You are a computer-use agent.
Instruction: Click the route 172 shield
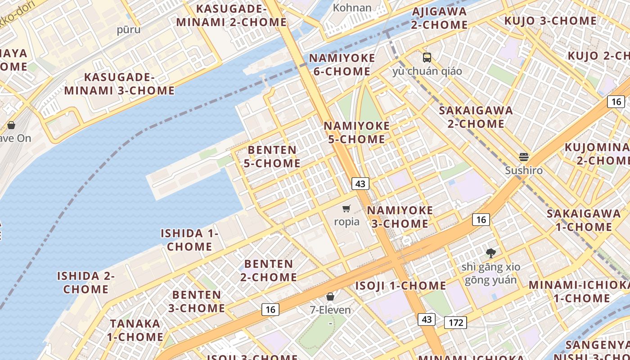(x=455, y=322)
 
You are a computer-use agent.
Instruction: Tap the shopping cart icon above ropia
(x=346, y=208)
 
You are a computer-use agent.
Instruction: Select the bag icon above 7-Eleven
(x=330, y=297)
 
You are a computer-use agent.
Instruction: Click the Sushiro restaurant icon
(x=523, y=157)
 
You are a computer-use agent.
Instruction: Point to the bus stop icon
(x=427, y=58)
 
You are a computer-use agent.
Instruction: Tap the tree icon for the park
(x=490, y=253)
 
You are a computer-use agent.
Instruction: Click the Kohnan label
(x=352, y=8)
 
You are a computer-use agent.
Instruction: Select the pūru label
(x=129, y=30)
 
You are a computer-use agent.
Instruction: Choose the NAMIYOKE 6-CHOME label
(x=342, y=65)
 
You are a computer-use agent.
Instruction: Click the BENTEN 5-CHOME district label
(x=272, y=157)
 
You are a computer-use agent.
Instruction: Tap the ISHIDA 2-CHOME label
(x=86, y=283)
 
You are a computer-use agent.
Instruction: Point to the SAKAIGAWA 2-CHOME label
(x=476, y=117)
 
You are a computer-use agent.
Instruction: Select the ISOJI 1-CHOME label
(x=400, y=286)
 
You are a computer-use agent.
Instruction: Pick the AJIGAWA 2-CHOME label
(x=439, y=18)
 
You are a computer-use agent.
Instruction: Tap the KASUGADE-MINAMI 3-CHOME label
(x=119, y=84)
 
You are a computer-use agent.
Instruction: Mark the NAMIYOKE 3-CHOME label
(x=400, y=217)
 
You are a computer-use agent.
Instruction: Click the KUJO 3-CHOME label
(x=550, y=21)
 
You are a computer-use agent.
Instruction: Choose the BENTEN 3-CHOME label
(x=197, y=301)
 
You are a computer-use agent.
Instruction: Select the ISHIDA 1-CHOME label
(x=189, y=240)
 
